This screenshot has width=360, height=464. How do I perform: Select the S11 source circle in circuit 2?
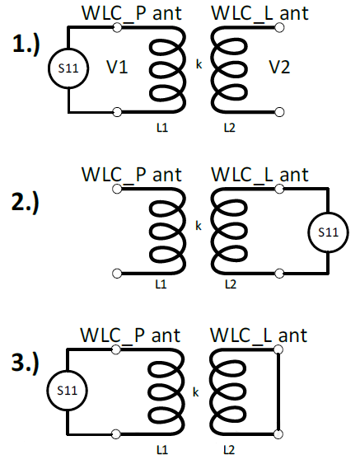click(x=328, y=232)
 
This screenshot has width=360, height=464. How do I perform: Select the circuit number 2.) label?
click(x=27, y=204)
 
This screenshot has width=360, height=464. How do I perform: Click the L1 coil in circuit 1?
click(x=166, y=69)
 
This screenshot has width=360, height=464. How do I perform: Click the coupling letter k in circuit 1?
click(x=198, y=63)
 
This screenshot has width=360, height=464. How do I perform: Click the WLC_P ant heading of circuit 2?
click(x=132, y=175)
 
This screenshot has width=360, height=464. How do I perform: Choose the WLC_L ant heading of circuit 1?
click(x=259, y=13)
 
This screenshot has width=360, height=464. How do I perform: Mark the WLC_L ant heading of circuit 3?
click(x=259, y=335)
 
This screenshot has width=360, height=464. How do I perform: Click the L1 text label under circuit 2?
click(x=161, y=284)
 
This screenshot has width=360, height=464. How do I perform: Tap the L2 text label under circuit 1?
click(x=230, y=128)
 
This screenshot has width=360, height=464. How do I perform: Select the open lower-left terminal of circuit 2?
click(x=118, y=273)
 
